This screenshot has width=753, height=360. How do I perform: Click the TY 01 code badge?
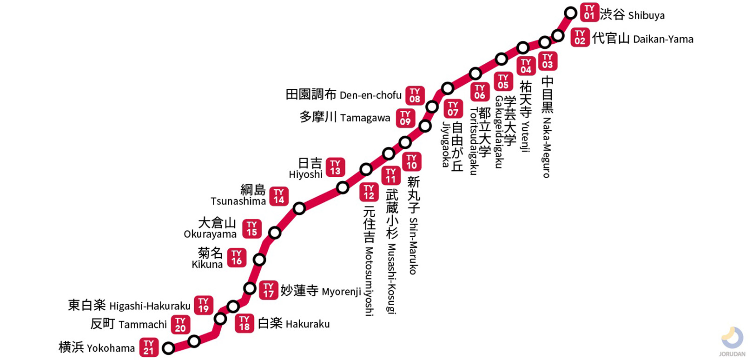coord(589,13)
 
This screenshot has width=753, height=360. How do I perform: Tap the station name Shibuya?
coord(632,15)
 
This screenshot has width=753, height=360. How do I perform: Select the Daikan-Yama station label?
coord(642,39)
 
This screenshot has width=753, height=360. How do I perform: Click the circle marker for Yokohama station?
coord(169,348)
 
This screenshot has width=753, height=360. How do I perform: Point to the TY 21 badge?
coord(149,347)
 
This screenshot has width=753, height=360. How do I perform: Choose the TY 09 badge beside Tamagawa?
coord(405,118)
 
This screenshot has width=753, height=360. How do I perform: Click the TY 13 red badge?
coord(335,167)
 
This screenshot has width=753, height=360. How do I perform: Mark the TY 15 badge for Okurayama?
coord(252,229)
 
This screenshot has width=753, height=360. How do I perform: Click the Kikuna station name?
coord(208,259)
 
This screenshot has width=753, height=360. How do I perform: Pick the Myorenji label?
coord(321,291)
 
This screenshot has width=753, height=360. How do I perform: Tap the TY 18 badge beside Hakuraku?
coord(244,323)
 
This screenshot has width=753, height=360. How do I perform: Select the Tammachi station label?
coord(128,324)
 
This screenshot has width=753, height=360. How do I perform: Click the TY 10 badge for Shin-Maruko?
coord(412,162)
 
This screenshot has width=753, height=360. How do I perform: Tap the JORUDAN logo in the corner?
coord(732,341)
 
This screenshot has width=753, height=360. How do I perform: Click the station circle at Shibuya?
coord(571,13)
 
